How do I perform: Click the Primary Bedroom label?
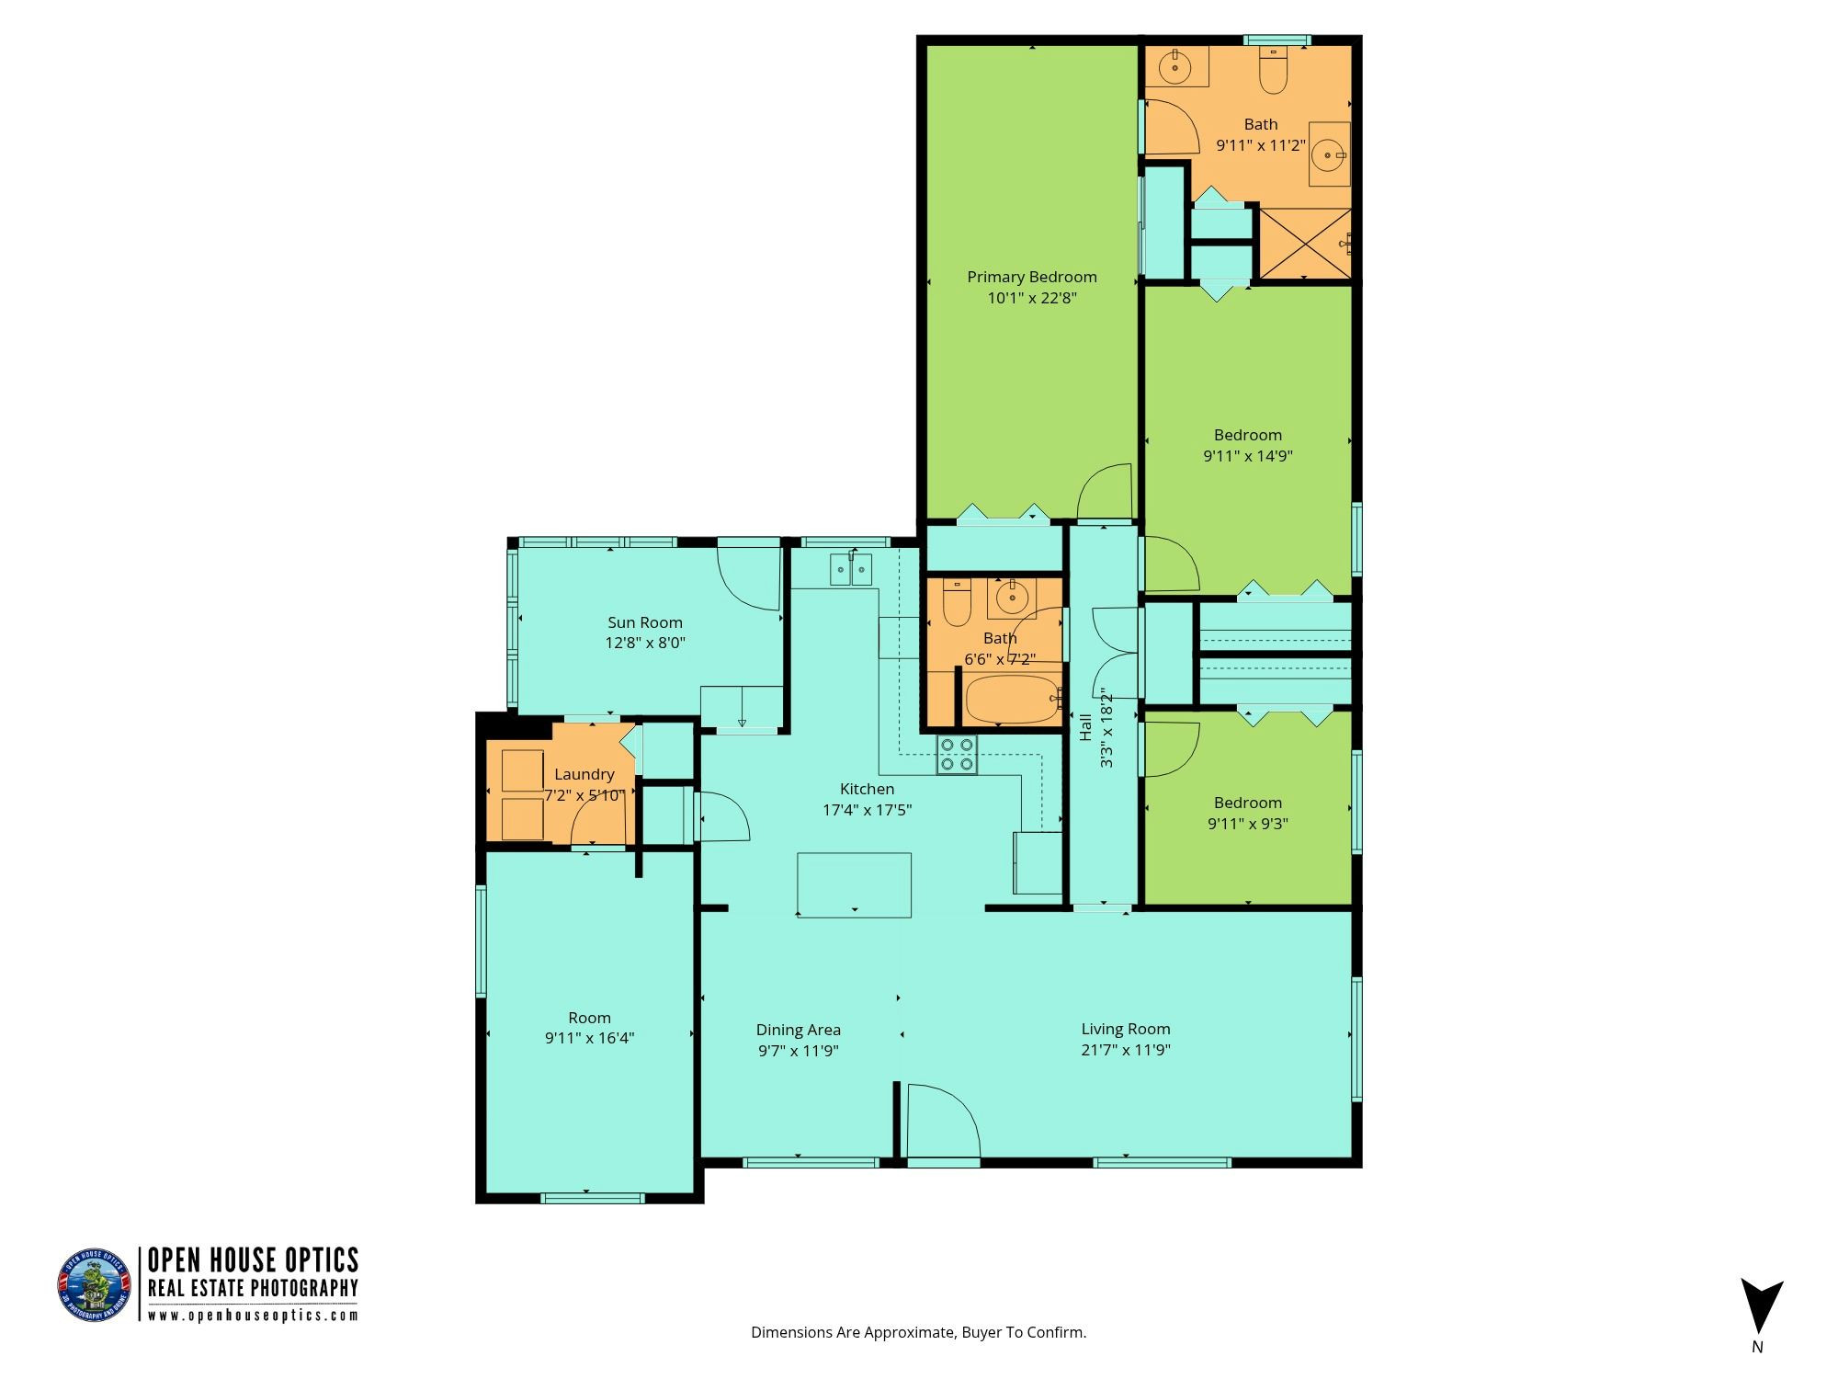pyautogui.click(x=1032, y=277)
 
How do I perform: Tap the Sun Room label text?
pyautogui.click(x=645, y=622)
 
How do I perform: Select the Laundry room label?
pyautogui.click(x=584, y=775)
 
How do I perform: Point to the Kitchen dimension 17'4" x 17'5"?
pyautogui.click(x=867, y=810)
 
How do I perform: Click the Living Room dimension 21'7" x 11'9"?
pyautogui.click(x=1126, y=1050)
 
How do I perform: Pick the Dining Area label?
pyautogui.click(x=799, y=1031)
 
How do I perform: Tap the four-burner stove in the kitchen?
pyautogui.click(x=957, y=755)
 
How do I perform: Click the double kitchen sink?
pyautogui.click(x=851, y=570)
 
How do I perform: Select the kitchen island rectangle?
pyautogui.click(x=855, y=884)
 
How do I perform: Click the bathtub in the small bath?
pyautogui.click(x=1014, y=701)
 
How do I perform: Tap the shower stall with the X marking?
pyautogui.click(x=1305, y=243)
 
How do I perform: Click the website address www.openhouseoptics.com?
pyautogui.click(x=253, y=1316)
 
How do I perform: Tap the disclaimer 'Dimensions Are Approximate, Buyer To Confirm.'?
pyautogui.click(x=919, y=1332)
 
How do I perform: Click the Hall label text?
pyautogui.click(x=1086, y=727)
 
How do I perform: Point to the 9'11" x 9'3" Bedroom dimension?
pyautogui.click(x=1248, y=824)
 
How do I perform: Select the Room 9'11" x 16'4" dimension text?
pyautogui.click(x=589, y=1039)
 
